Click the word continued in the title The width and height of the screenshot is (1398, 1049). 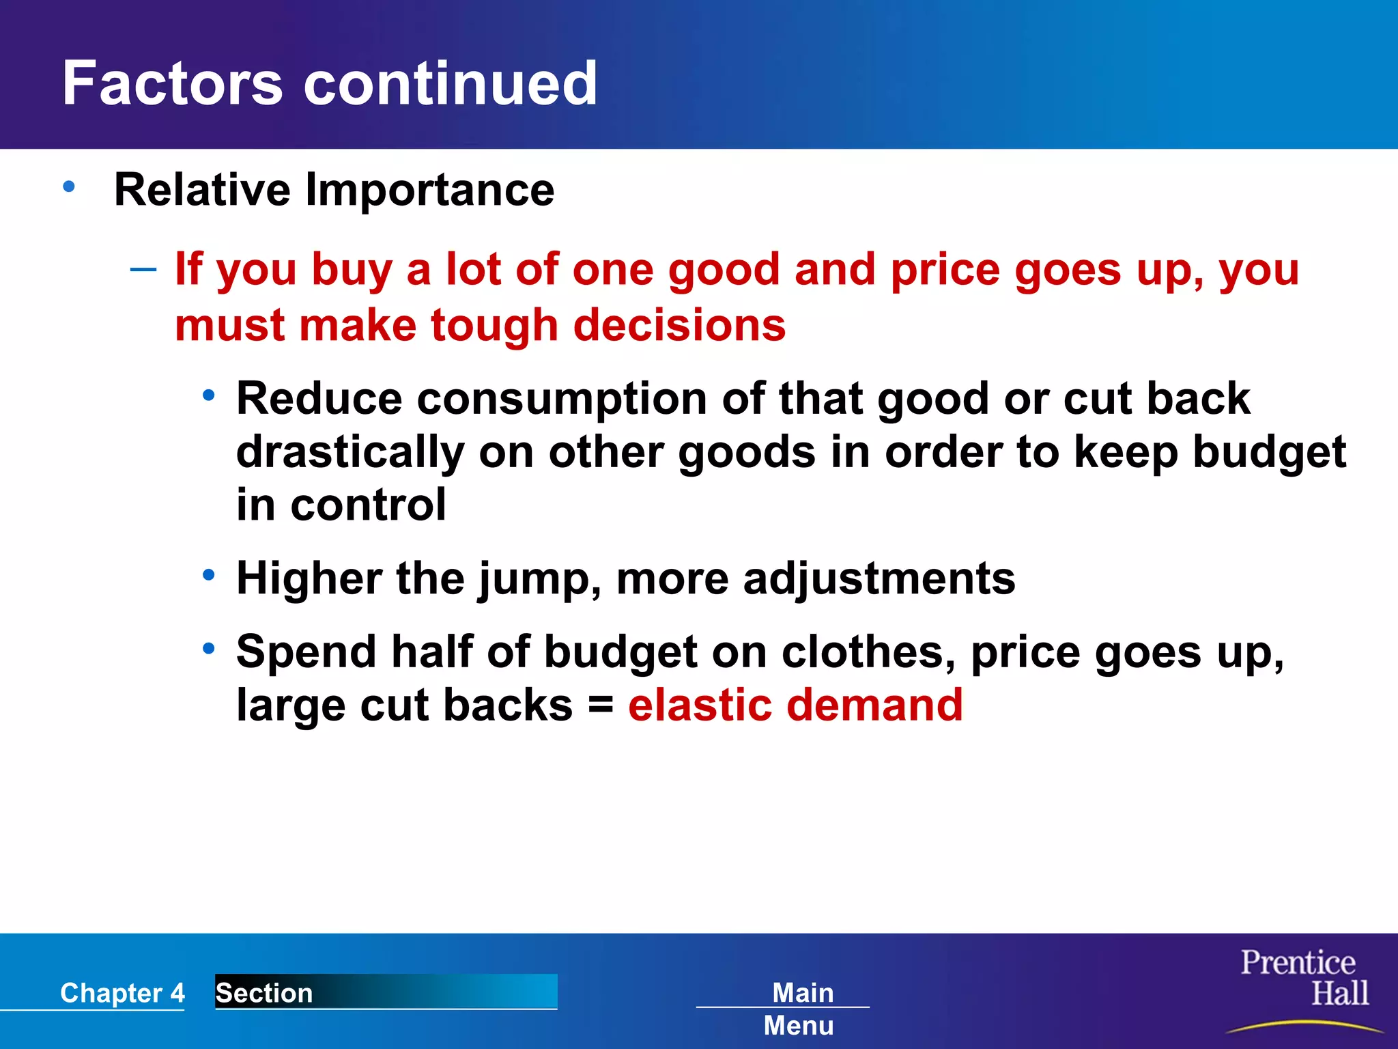(451, 83)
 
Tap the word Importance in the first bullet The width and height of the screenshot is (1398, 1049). (429, 190)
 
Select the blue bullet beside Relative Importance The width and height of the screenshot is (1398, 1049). (69, 186)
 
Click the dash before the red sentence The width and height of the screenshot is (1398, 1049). (143, 270)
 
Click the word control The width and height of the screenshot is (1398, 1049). (369, 505)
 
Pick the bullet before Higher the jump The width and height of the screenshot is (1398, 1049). (209, 575)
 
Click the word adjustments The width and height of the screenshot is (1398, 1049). (879, 578)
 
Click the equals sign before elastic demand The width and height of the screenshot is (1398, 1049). (600, 705)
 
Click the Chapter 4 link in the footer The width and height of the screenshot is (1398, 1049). (122, 992)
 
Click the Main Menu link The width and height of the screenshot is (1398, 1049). (800, 1008)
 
